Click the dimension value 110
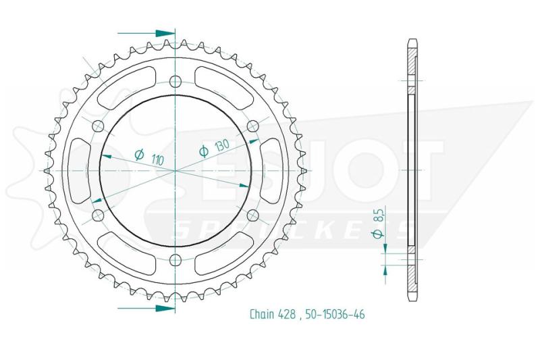(x=157, y=159)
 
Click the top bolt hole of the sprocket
(x=175, y=81)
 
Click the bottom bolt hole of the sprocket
(x=175, y=259)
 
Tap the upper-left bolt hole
(x=98, y=126)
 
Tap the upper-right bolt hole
(x=252, y=126)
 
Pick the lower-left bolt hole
(x=98, y=215)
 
